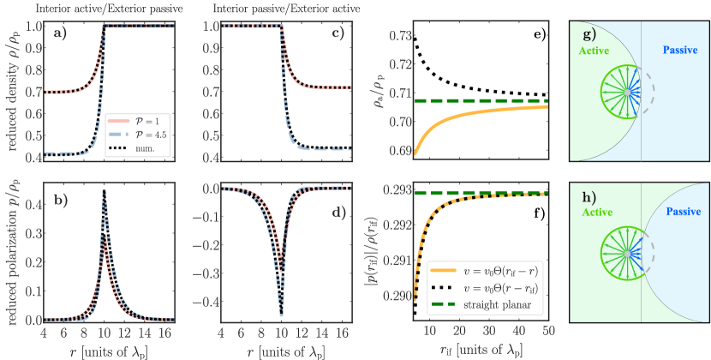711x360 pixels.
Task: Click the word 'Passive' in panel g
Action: (683, 51)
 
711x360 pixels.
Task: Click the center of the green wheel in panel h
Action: (628, 255)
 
